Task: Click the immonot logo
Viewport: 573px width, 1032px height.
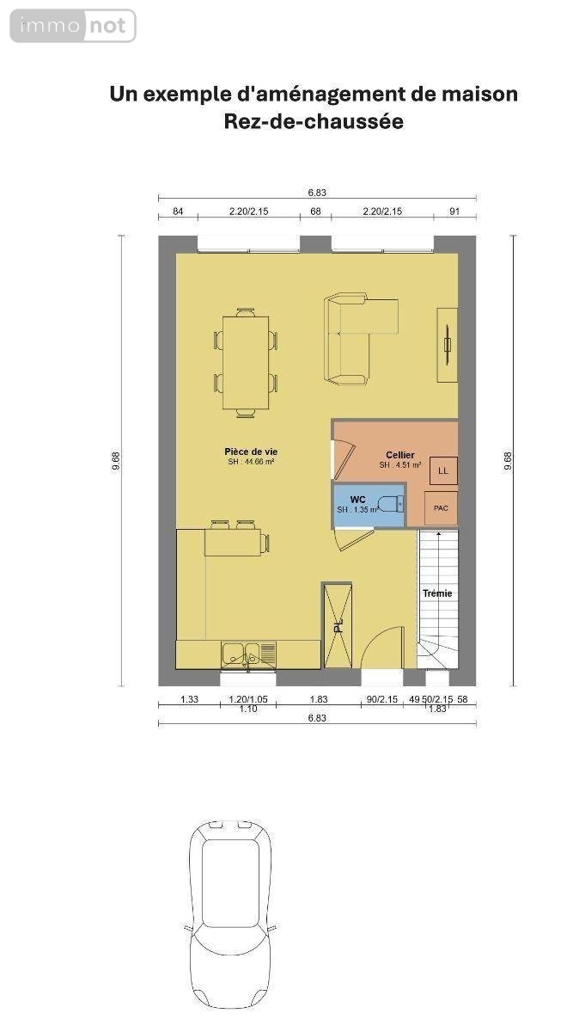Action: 73,26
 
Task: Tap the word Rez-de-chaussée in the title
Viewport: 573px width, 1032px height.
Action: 313,122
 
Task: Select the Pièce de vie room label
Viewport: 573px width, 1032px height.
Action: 251,451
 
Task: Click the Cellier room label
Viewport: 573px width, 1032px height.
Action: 399,455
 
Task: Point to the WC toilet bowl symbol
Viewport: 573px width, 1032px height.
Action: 389,504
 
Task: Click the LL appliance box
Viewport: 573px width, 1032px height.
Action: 442,470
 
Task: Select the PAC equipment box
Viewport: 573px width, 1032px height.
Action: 441,508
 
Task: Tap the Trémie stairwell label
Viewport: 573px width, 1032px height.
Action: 436,593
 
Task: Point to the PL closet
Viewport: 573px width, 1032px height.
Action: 337,625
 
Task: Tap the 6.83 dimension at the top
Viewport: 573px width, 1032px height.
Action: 317,193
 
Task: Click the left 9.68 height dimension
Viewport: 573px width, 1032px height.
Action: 115,461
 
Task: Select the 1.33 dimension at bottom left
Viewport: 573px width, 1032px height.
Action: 189,699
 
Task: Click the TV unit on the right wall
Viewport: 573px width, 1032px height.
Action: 447,345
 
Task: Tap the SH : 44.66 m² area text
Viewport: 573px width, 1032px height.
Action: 251,462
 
